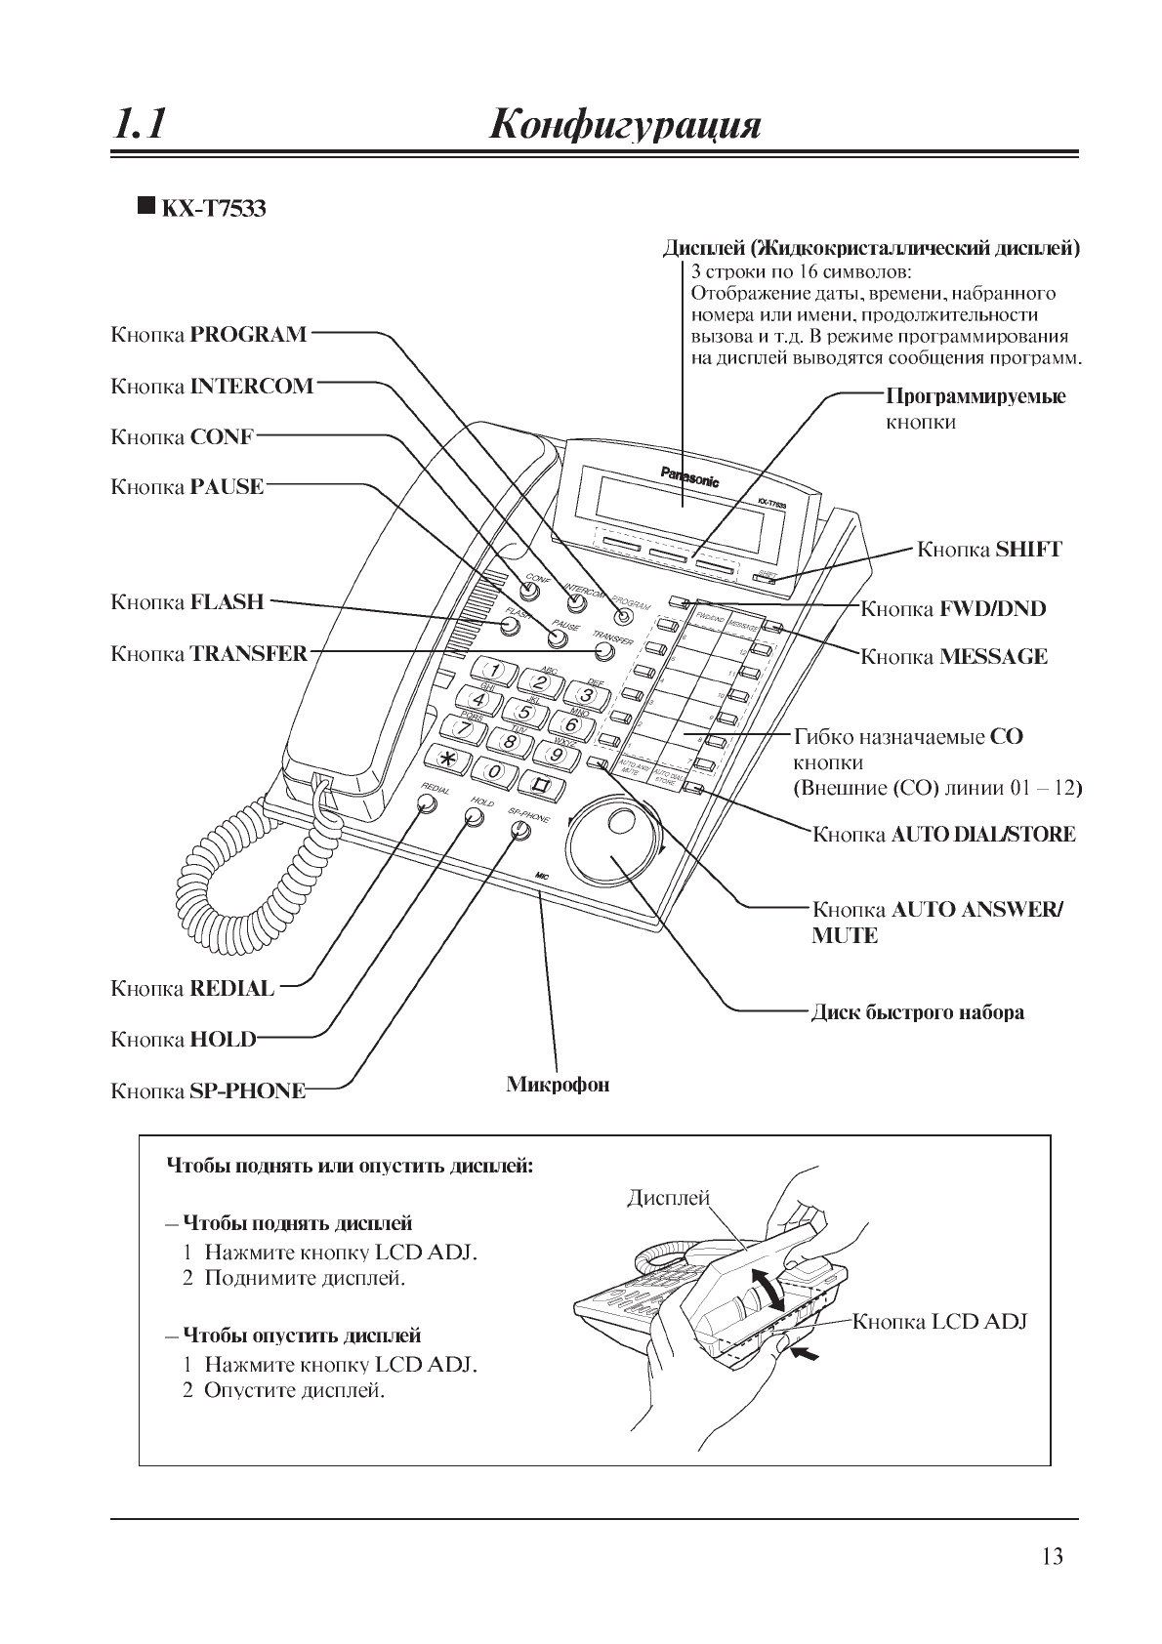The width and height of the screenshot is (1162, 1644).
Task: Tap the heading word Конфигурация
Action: [625, 126]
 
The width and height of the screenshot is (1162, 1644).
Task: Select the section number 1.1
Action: [138, 125]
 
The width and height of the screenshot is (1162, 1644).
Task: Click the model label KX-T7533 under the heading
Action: [213, 208]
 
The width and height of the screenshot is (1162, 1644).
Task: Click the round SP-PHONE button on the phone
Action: [520, 830]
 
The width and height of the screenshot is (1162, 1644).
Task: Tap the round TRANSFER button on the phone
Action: [604, 652]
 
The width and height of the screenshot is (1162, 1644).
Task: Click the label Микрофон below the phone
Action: [558, 1085]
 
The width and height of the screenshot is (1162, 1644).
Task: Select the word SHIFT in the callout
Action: [1028, 549]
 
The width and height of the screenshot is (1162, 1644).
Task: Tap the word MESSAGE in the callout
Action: [993, 657]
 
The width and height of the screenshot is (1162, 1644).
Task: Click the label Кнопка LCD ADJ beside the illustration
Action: [940, 1322]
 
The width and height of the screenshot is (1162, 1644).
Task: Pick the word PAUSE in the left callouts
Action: [228, 486]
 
